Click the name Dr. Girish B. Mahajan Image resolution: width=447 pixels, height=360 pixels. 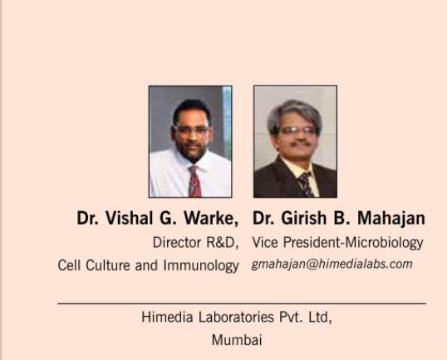click(339, 218)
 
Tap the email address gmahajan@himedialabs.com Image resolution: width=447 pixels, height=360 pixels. click(332, 264)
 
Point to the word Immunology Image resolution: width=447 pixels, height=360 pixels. click(201, 265)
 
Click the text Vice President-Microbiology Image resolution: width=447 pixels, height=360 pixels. click(337, 243)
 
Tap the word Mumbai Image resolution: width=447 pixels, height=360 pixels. click(237, 340)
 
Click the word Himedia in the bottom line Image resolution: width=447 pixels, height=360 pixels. click(167, 318)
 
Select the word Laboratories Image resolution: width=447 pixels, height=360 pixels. click(236, 318)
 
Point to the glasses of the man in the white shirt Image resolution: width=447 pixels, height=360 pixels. click(191, 131)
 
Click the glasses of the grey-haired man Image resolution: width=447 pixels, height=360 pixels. click(297, 131)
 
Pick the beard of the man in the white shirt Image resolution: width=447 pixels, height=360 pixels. click(191, 151)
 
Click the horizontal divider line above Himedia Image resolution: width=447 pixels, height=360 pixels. click(242, 303)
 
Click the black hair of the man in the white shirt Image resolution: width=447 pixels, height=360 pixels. click(192, 108)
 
